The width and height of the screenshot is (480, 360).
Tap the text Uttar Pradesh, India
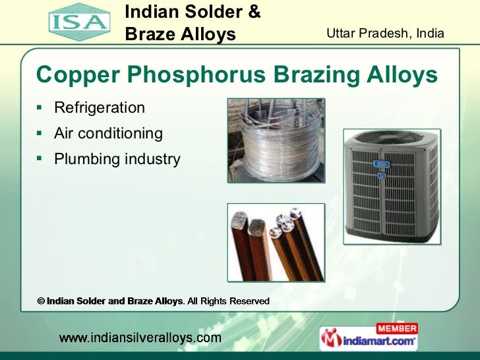(x=386, y=33)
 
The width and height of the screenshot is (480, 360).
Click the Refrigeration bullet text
(x=99, y=107)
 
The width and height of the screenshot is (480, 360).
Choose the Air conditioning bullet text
(x=108, y=133)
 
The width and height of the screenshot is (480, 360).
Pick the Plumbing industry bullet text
(x=117, y=159)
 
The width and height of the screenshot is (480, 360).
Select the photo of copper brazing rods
(x=276, y=243)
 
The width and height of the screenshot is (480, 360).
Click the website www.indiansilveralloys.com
(x=140, y=338)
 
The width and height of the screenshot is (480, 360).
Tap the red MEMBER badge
(x=396, y=328)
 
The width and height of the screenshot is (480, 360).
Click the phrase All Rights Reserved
(x=229, y=301)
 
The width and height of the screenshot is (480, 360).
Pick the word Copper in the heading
(x=75, y=76)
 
